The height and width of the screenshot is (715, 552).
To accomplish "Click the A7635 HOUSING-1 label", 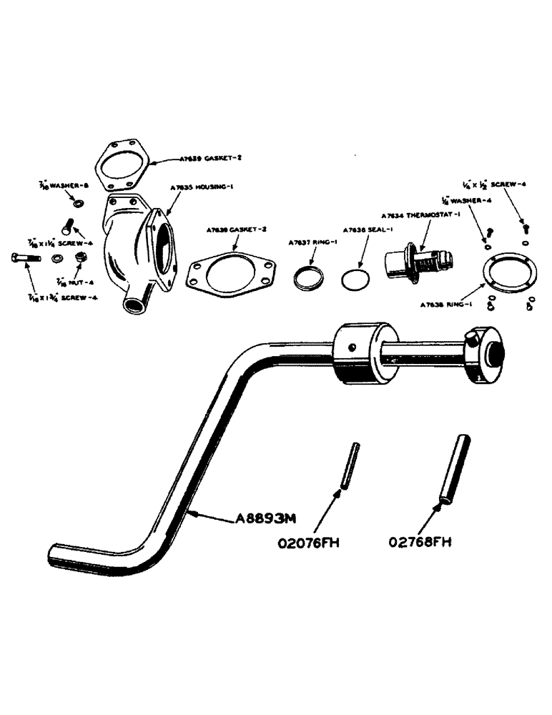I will [202, 187].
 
